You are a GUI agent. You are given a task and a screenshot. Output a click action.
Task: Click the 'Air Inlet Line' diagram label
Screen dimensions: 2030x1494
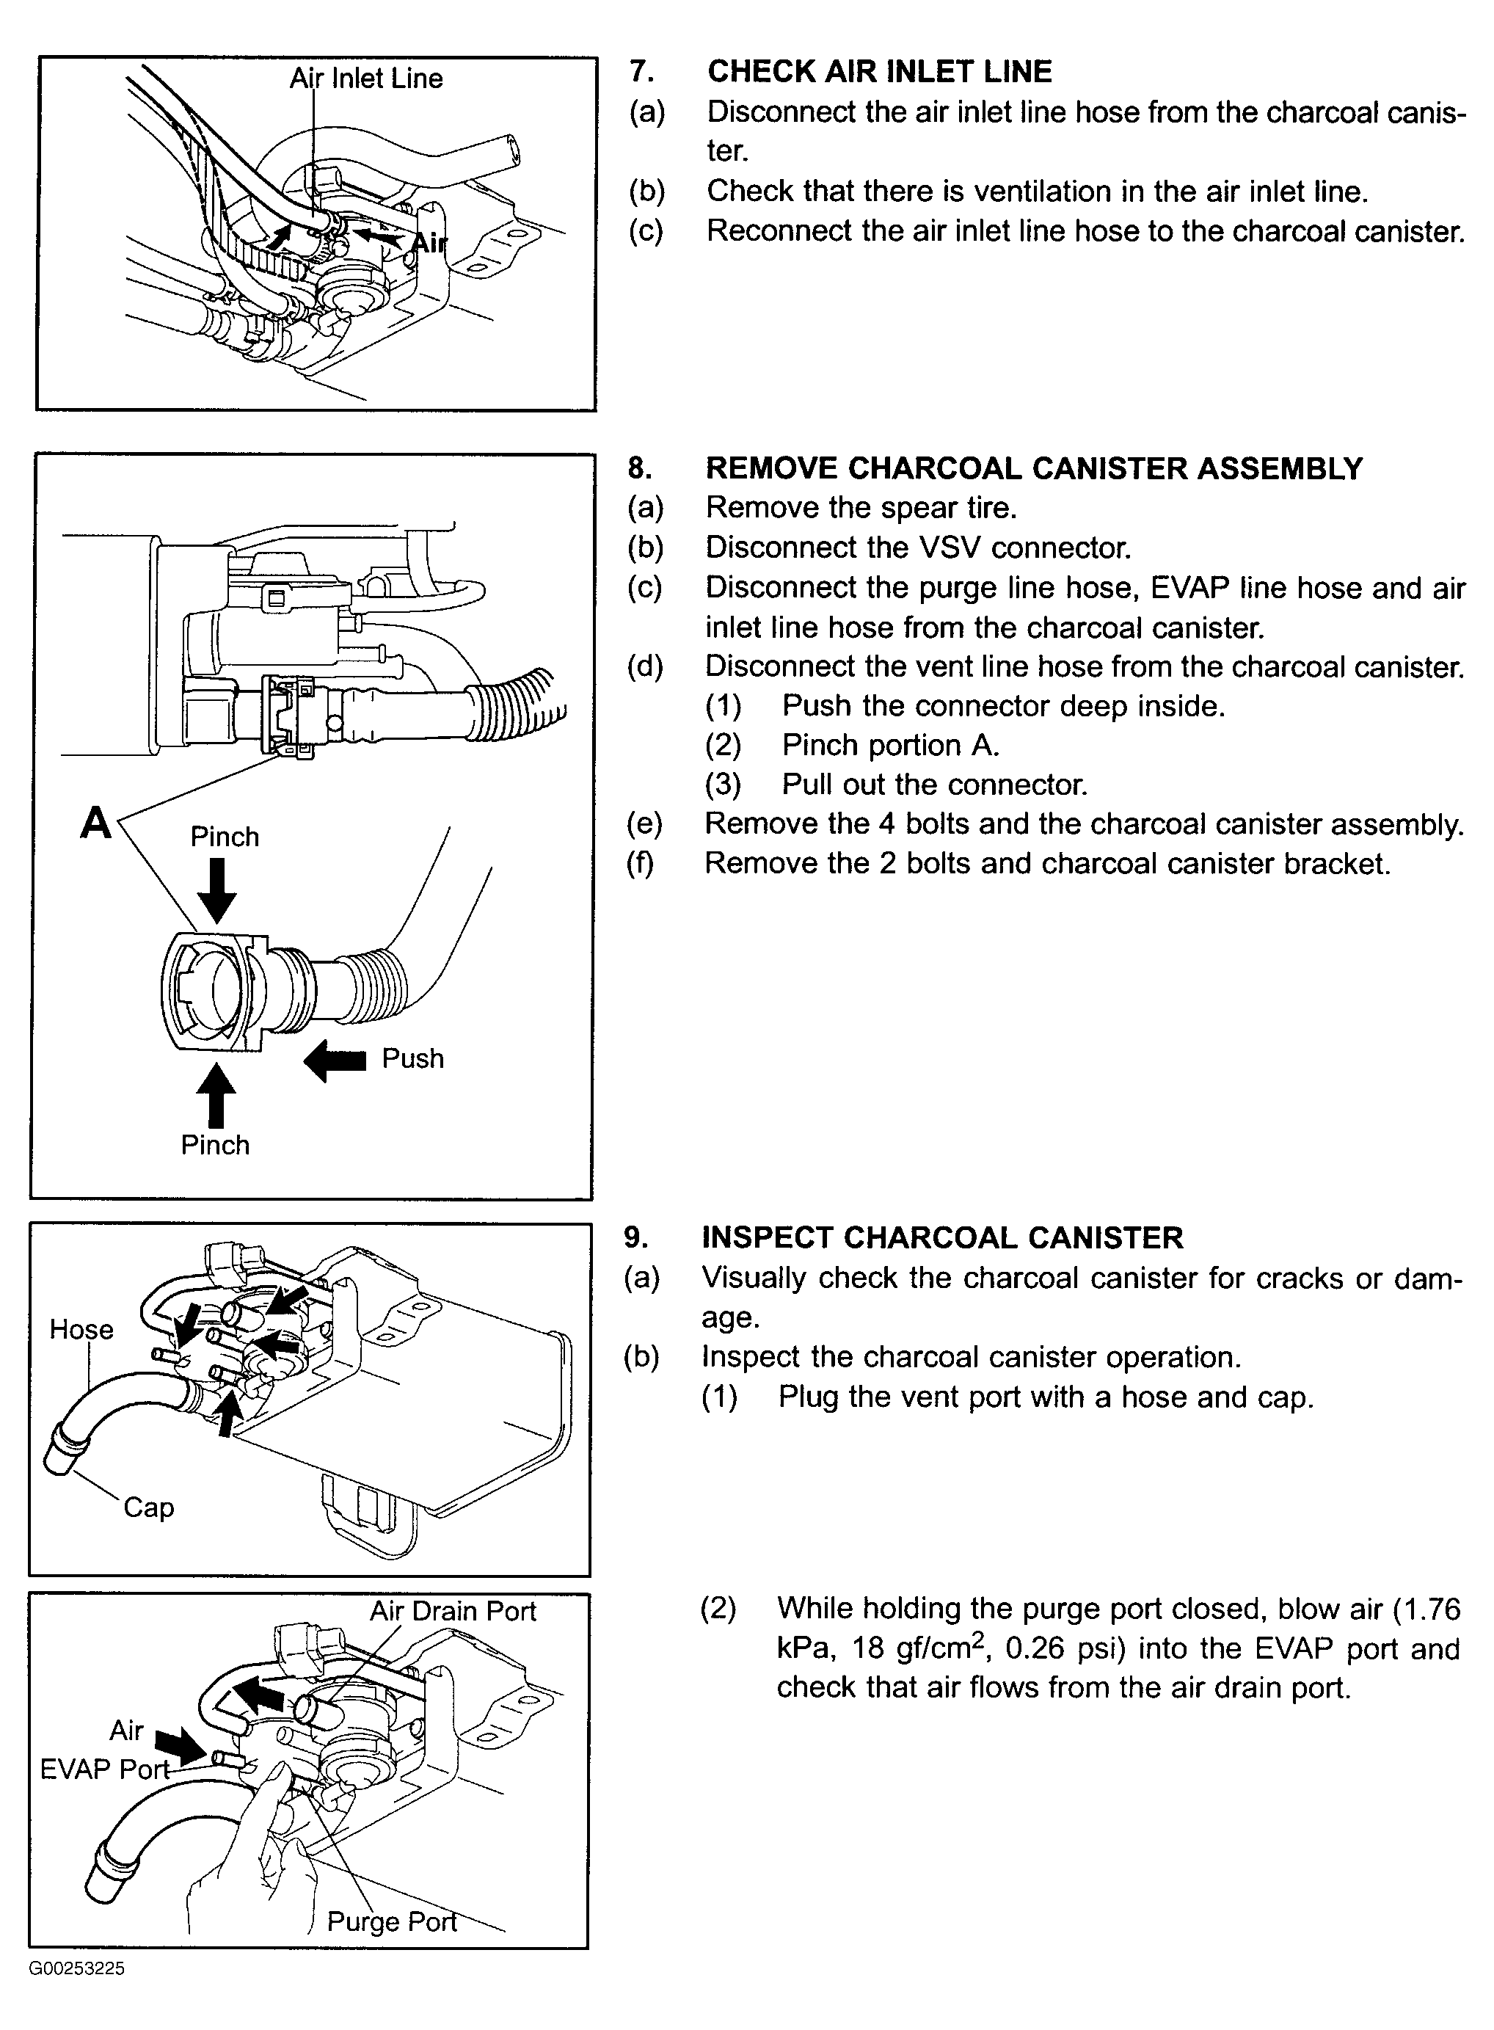click(x=366, y=79)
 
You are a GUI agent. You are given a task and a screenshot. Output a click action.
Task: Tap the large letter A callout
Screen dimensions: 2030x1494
click(x=96, y=823)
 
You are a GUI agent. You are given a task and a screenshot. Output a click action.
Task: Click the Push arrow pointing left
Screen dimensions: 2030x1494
click(x=335, y=1059)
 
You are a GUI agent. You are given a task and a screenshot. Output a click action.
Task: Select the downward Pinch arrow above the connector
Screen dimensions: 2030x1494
click(x=217, y=890)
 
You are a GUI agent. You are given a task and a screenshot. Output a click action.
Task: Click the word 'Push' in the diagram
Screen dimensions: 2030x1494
click(x=412, y=1058)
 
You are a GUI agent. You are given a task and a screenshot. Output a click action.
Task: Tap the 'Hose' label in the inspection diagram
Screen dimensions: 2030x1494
click(x=81, y=1329)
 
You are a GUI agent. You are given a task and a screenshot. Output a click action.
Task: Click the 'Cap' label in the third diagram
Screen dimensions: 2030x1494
click(x=148, y=1507)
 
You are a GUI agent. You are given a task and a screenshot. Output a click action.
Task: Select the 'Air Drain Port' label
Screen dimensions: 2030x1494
click(x=452, y=1611)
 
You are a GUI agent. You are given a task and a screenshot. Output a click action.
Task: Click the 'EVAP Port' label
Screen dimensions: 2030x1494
click(x=105, y=1769)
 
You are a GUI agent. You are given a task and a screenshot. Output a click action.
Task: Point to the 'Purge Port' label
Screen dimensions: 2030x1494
click(x=392, y=1921)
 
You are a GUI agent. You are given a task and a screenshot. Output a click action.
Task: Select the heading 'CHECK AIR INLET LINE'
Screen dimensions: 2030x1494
click(x=879, y=71)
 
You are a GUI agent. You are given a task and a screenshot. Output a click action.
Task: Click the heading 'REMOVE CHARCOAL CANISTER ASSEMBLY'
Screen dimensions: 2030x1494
click(x=1034, y=468)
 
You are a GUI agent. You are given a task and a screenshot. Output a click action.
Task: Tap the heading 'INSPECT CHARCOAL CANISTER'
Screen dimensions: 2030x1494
click(x=942, y=1237)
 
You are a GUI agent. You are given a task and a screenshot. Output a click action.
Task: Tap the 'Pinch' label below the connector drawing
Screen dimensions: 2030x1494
click(x=215, y=1144)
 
